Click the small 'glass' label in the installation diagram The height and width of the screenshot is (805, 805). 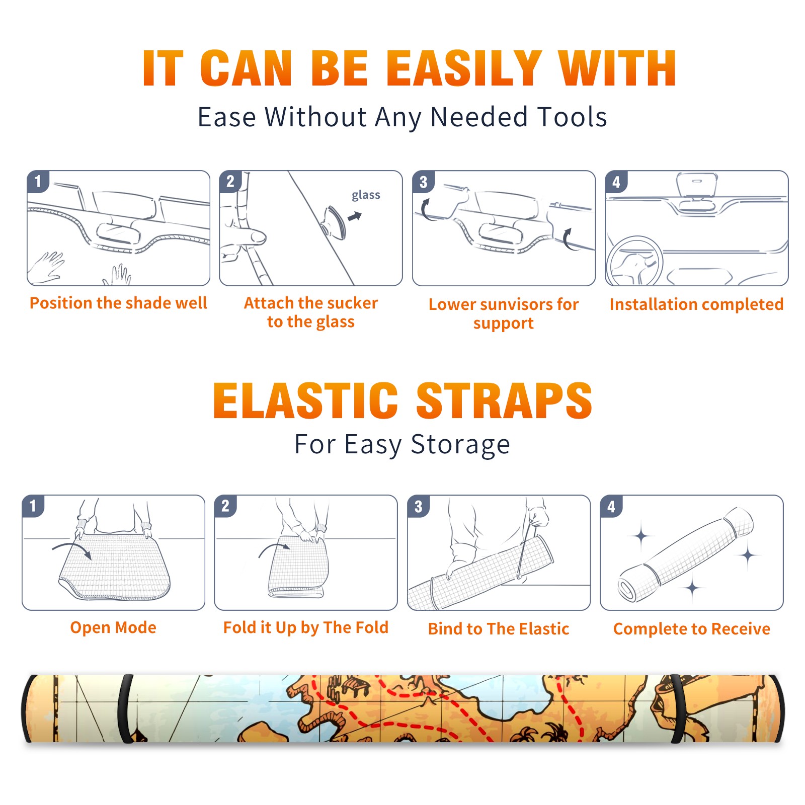pyautogui.click(x=366, y=195)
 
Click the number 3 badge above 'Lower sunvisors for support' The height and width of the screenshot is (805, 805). pyautogui.click(x=423, y=182)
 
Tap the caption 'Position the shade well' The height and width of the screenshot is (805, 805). pyautogui.click(x=118, y=303)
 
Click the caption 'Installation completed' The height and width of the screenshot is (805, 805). pyautogui.click(x=696, y=304)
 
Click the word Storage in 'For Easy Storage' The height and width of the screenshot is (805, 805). pyautogui.click(x=460, y=445)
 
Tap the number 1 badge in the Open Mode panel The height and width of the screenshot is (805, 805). pyautogui.click(x=33, y=506)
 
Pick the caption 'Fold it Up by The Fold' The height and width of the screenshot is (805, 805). pyautogui.click(x=306, y=627)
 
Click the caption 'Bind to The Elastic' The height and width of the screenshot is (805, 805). pyautogui.click(x=499, y=629)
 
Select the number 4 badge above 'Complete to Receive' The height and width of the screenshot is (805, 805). pyautogui.click(x=611, y=506)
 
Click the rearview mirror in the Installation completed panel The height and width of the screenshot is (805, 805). pyautogui.click(x=697, y=186)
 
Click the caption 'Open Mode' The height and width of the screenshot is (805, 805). pyautogui.click(x=113, y=627)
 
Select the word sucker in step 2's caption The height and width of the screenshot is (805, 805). pyautogui.click(x=352, y=303)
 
